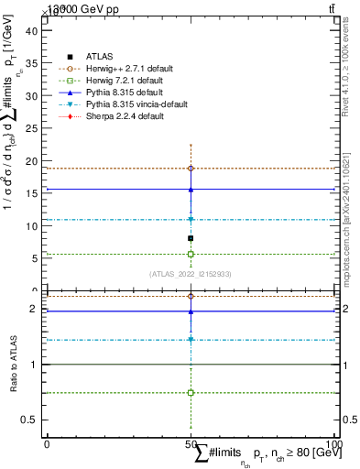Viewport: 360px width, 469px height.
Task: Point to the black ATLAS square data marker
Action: point(191,238)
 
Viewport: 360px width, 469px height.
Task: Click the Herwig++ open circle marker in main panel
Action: point(191,169)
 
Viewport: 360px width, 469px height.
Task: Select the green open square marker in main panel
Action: point(191,254)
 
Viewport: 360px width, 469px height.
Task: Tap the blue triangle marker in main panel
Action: point(191,190)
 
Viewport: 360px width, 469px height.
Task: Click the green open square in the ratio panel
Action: point(191,392)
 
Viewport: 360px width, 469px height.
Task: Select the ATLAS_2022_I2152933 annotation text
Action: point(190,274)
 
